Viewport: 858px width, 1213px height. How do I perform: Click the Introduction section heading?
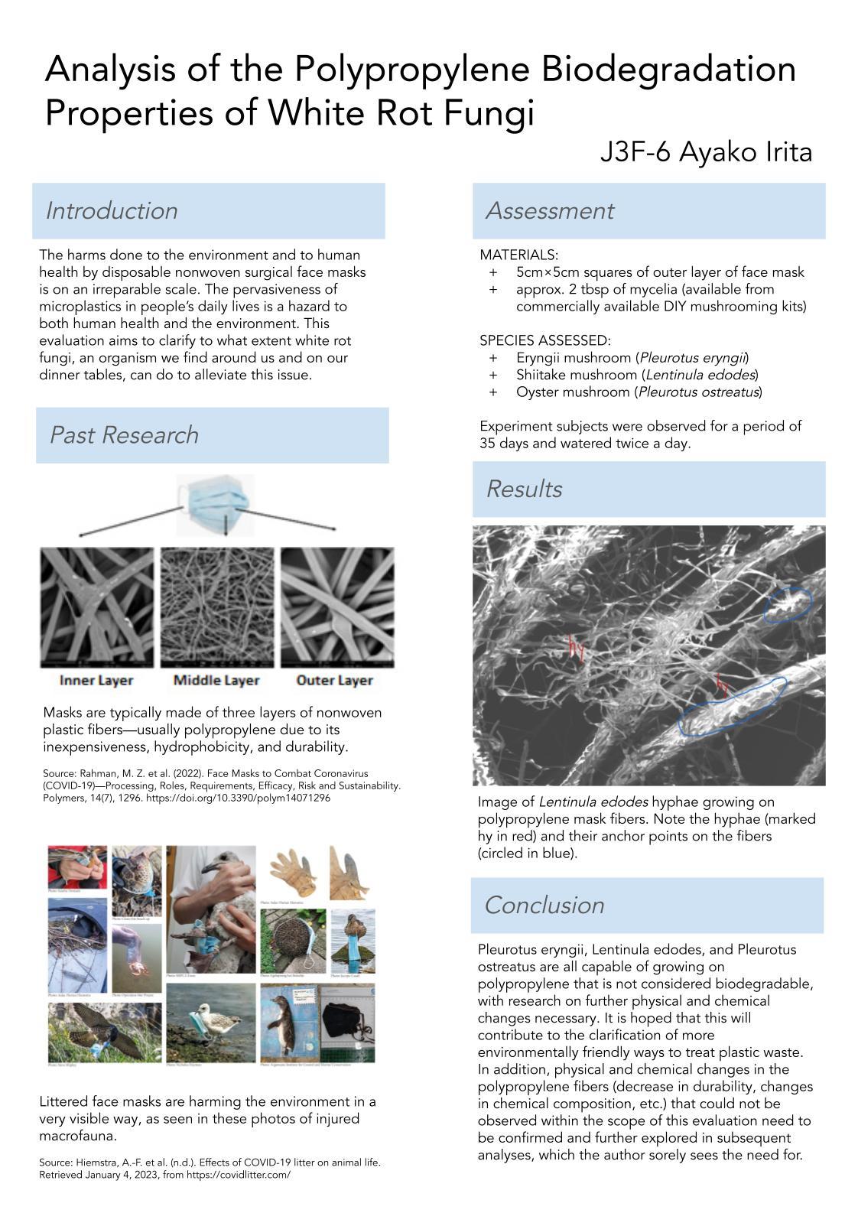(112, 211)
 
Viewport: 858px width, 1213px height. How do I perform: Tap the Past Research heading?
(124, 435)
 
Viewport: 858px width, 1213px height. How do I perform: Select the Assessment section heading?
(550, 211)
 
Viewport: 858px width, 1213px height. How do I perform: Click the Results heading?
(524, 489)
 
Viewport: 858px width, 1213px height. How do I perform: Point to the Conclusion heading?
(544, 906)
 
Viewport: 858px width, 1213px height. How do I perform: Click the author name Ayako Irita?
(746, 153)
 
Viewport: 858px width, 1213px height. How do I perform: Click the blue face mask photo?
(215, 504)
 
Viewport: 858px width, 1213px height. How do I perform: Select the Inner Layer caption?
(96, 681)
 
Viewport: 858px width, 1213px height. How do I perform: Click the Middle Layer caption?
(216, 681)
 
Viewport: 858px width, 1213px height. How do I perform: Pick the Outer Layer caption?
(334, 681)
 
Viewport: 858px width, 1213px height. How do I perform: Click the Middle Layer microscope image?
(216, 607)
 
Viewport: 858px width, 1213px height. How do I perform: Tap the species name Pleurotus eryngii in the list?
(694, 358)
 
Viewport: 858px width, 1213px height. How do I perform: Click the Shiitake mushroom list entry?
(636, 375)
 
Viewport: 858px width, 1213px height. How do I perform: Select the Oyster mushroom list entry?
(639, 392)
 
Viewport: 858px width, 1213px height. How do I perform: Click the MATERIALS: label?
(518, 255)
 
